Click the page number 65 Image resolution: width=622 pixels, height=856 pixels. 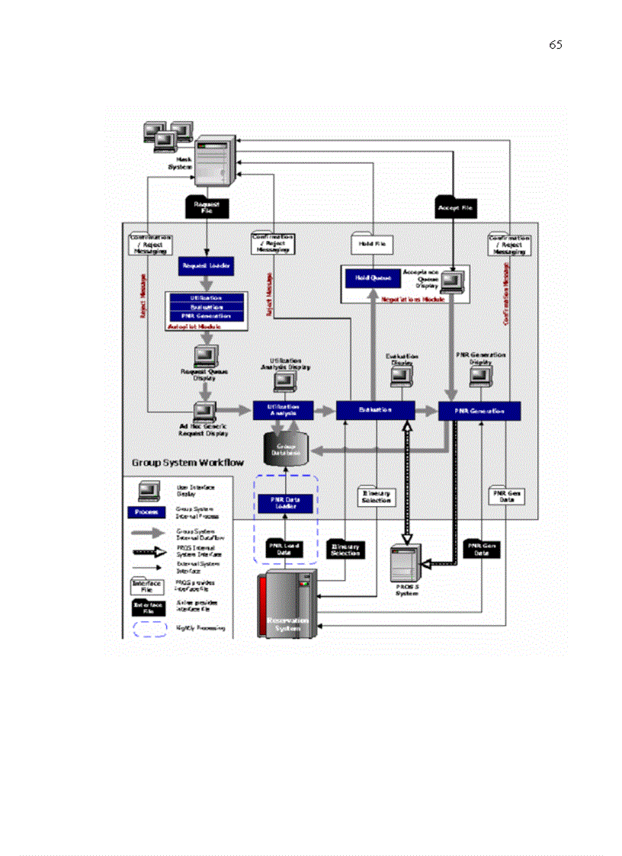pyautogui.click(x=556, y=45)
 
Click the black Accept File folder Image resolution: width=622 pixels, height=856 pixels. pyautogui.click(x=455, y=206)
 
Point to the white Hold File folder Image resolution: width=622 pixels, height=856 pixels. pyautogui.click(x=373, y=243)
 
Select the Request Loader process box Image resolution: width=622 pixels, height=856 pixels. pyautogui.click(x=206, y=265)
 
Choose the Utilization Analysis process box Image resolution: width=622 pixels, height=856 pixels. pyautogui.click(x=284, y=409)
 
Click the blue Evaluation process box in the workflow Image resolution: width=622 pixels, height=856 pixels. pyautogui.click(x=375, y=410)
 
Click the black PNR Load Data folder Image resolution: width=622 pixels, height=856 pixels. pyautogui.click(x=284, y=548)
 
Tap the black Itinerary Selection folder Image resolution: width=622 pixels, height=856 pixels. pyautogui.click(x=345, y=549)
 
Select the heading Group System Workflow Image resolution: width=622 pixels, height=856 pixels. pyautogui.click(x=188, y=463)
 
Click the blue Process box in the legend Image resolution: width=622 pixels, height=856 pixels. pyautogui.click(x=141, y=512)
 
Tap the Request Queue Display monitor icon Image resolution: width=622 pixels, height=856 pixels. pyautogui.click(x=205, y=356)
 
